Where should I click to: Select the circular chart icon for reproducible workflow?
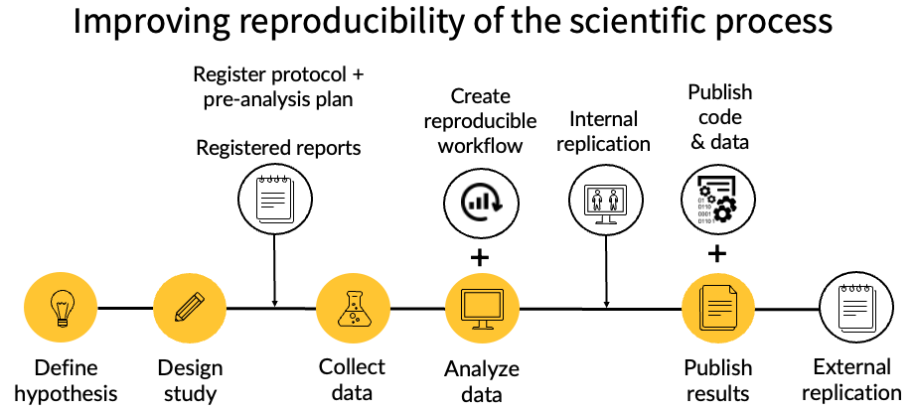481,199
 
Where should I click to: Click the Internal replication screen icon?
604,199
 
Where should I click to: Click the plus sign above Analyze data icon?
481,257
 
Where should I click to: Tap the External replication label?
851,379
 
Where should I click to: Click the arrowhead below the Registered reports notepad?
273,302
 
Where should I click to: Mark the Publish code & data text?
719,116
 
